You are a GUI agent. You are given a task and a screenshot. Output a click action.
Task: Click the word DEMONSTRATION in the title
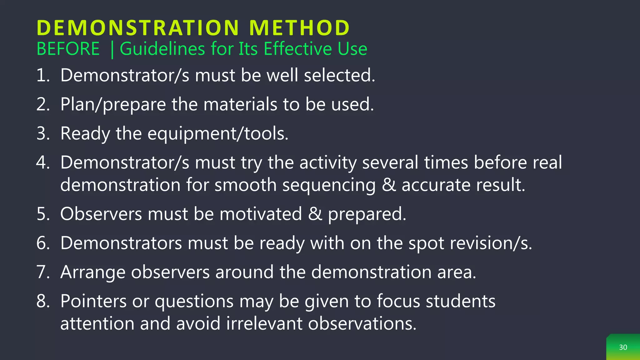(138, 28)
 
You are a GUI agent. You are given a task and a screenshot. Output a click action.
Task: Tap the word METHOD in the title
(299, 28)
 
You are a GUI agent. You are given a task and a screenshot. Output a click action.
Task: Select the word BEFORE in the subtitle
(68, 49)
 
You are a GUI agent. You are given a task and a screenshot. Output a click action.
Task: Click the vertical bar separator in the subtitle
(112, 50)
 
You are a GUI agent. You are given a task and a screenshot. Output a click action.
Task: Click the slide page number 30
(623, 347)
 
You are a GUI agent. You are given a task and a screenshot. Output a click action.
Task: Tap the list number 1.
(43, 76)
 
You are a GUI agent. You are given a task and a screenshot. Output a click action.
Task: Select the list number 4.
(43, 162)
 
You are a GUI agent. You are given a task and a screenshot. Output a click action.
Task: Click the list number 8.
(43, 301)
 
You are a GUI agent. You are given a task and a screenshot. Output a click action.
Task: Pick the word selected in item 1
(339, 76)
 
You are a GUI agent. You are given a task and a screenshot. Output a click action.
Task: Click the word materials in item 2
(240, 104)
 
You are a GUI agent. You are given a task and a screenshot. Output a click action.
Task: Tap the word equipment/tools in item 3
(217, 134)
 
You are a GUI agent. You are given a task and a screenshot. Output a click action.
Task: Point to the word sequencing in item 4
(329, 185)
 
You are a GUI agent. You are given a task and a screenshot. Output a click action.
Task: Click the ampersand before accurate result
(389, 185)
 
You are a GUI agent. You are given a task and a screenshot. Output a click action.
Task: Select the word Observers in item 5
(101, 214)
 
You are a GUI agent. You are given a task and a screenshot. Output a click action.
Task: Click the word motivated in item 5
(261, 214)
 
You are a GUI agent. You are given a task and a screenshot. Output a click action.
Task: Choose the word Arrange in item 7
(93, 272)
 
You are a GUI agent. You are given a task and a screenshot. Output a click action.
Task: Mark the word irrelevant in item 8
(264, 323)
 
